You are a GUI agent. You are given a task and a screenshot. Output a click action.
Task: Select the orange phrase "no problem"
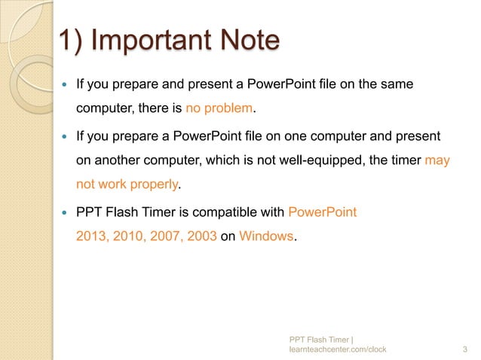coord(219,109)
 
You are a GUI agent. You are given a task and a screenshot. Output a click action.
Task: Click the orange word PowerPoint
coord(323,212)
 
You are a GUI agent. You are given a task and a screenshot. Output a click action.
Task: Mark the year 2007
coord(164,236)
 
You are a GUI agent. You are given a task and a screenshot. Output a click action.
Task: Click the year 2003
coord(200,236)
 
